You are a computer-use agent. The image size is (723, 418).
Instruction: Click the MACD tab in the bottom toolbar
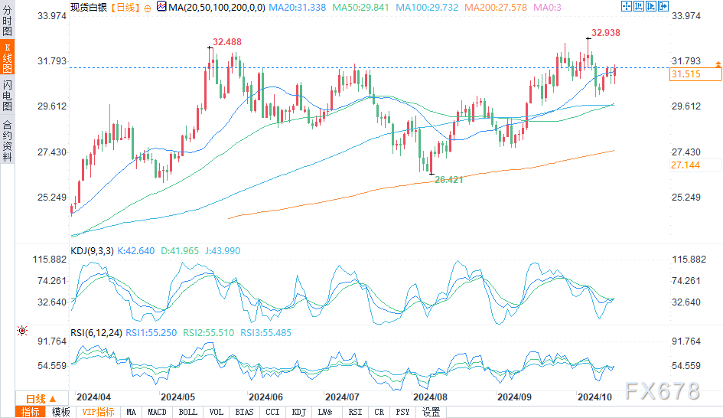point(157,412)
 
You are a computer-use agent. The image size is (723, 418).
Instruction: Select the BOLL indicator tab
point(188,412)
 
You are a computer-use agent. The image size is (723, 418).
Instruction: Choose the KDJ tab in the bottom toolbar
point(298,412)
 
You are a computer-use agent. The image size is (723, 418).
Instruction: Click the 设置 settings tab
point(431,412)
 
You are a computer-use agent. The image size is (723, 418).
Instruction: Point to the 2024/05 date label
point(176,397)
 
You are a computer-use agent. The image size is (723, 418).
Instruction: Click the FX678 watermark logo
point(663,391)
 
